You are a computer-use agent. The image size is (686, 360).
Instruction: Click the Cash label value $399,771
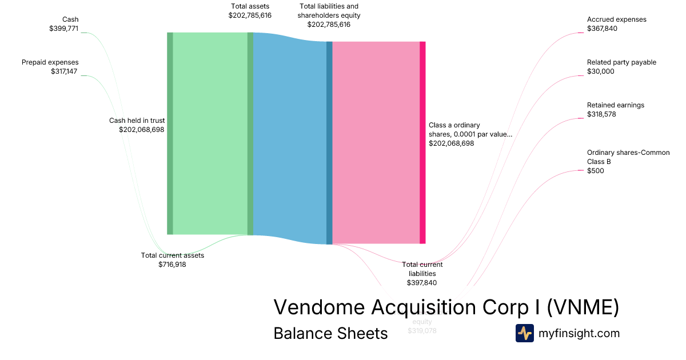pos(63,29)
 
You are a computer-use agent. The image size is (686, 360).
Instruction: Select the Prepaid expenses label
pos(50,62)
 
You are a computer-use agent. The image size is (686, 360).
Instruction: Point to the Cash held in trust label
pos(137,121)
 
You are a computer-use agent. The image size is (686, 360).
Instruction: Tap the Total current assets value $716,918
pos(172,265)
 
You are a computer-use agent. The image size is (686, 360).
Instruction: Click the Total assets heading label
pos(250,6)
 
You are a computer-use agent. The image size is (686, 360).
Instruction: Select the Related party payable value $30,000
pos(600,71)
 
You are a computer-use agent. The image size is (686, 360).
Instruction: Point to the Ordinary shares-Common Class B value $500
pos(595,171)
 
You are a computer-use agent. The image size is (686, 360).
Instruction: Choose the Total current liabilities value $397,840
pos(422,283)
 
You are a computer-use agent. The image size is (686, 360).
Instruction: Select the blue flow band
pos(289,137)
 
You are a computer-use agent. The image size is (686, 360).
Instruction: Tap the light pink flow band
pos(376,142)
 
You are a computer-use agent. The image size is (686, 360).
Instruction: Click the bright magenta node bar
pos(422,142)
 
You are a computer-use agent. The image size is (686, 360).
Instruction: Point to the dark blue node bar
pos(329,142)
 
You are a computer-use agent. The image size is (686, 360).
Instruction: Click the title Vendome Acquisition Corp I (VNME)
pos(446,307)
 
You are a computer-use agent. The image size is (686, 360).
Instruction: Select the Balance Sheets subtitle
pos(330,333)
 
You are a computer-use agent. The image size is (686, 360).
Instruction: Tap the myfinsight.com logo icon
pos(524,333)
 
